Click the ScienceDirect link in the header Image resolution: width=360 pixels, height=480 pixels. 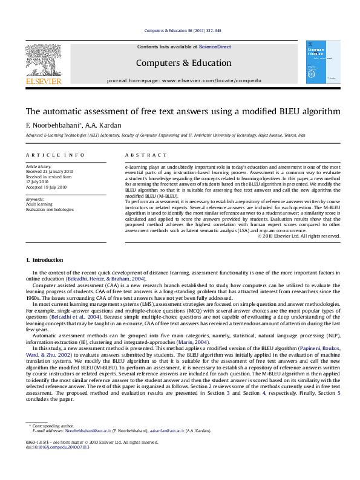[x=215, y=47]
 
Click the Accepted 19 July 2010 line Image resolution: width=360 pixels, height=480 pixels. [x=46, y=187]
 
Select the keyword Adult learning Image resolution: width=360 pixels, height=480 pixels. [x=39, y=204]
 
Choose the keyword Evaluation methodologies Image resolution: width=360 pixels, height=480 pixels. [x=50, y=210]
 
